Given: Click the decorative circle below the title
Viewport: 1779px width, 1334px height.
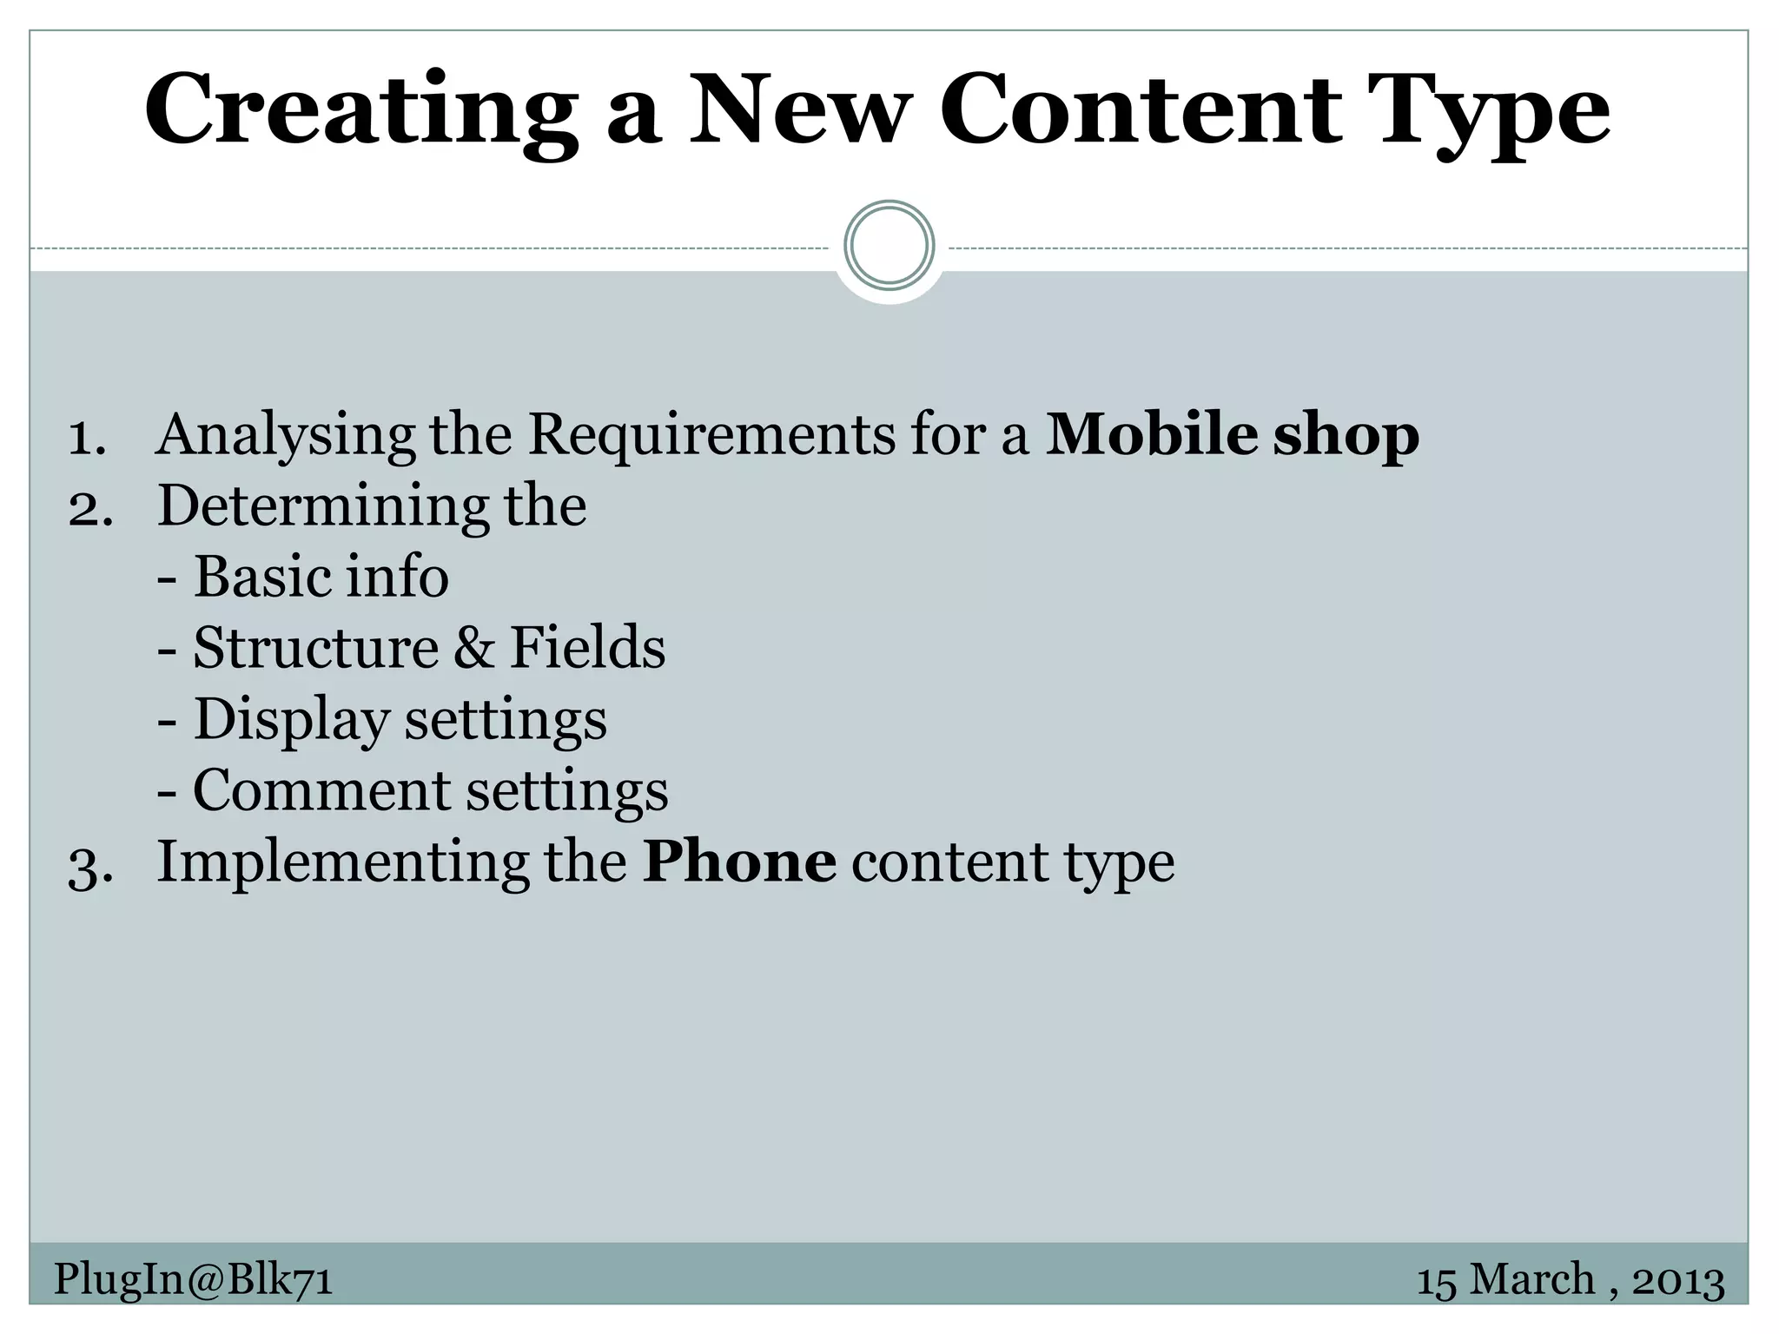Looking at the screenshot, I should [x=889, y=246].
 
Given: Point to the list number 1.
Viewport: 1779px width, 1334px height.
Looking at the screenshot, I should [x=86, y=437].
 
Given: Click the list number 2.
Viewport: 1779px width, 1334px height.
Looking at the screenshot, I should [x=90, y=508].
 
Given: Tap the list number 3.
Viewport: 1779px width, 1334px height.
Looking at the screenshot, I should [x=90, y=865].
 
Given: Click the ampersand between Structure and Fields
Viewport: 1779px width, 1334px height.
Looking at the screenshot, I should [x=473, y=648].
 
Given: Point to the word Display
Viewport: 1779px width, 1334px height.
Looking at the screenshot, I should [x=291, y=720].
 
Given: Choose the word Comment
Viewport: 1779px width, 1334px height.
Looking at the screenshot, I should [x=321, y=790].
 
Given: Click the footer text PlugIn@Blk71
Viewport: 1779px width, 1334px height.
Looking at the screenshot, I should [x=193, y=1279].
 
